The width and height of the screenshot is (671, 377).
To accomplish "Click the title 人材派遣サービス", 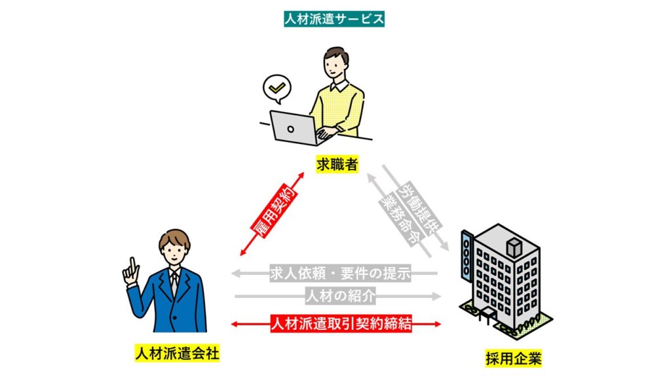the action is (334, 19).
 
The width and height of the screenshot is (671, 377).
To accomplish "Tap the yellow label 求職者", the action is (337, 164).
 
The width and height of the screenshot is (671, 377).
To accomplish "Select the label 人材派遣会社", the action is (177, 353).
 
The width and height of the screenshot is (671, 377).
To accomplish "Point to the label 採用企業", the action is (514, 358).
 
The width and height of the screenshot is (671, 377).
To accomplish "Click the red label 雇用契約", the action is (274, 211).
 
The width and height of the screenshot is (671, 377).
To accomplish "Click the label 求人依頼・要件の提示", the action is (340, 273).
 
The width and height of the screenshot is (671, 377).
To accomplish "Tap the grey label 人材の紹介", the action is (340, 296).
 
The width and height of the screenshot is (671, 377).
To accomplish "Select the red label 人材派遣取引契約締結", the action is (341, 323).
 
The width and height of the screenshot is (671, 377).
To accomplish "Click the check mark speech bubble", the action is (277, 89).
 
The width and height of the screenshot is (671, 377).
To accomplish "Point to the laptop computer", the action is (294, 128).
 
